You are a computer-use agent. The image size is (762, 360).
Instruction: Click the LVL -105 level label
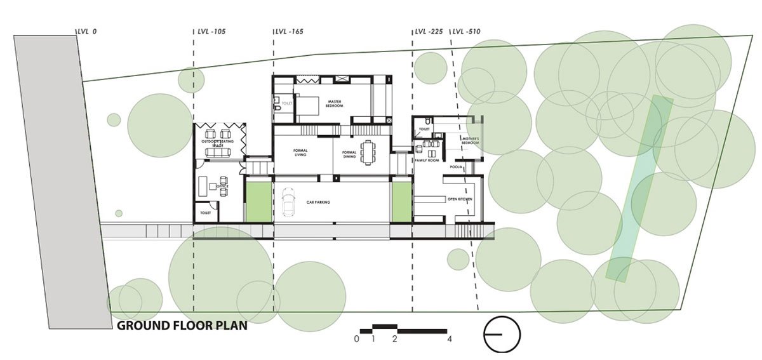[211, 31]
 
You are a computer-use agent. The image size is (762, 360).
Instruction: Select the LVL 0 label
[86, 31]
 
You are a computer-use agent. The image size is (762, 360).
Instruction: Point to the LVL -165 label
[289, 31]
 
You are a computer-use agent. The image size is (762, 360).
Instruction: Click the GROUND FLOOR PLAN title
[181, 326]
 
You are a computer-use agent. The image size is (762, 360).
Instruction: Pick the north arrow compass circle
[502, 334]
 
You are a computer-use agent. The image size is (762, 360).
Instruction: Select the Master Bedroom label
[335, 103]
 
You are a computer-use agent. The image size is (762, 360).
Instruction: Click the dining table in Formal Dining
[368, 152]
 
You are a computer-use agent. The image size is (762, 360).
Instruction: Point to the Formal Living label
[301, 153]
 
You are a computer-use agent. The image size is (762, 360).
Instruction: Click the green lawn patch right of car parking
[401, 201]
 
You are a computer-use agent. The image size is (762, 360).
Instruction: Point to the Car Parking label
[318, 203]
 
